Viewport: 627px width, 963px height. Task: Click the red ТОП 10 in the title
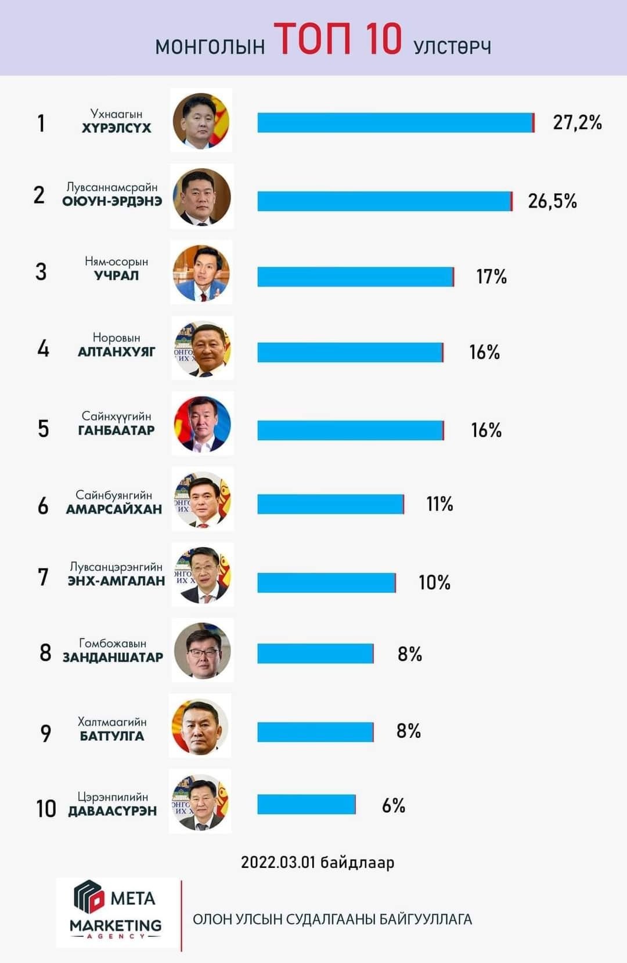point(337,39)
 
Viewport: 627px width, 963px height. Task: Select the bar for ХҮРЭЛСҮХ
point(395,122)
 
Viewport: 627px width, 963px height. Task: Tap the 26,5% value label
point(552,201)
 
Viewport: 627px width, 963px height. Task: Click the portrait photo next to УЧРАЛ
point(201,273)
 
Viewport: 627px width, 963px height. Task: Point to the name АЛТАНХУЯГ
point(117,352)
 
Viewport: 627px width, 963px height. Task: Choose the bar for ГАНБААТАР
point(351,430)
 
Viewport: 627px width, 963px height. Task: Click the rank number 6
point(43,505)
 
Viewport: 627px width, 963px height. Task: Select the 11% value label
point(439,504)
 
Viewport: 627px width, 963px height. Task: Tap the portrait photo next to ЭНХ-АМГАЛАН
point(202,575)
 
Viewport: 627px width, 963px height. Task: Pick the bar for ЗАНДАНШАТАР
point(315,653)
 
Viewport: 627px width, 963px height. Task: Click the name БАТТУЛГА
point(112,736)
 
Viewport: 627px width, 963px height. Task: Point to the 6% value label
point(393,805)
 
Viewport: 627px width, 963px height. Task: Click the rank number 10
point(46,808)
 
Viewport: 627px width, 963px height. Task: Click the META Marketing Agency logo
point(117,913)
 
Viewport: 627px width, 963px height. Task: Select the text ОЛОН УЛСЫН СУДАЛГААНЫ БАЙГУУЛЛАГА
point(332,919)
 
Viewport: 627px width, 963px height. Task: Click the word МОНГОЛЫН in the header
point(210,46)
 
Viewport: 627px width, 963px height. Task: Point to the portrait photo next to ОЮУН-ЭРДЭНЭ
point(201,197)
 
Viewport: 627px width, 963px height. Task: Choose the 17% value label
point(491,277)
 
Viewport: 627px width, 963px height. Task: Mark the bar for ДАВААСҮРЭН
point(307,805)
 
